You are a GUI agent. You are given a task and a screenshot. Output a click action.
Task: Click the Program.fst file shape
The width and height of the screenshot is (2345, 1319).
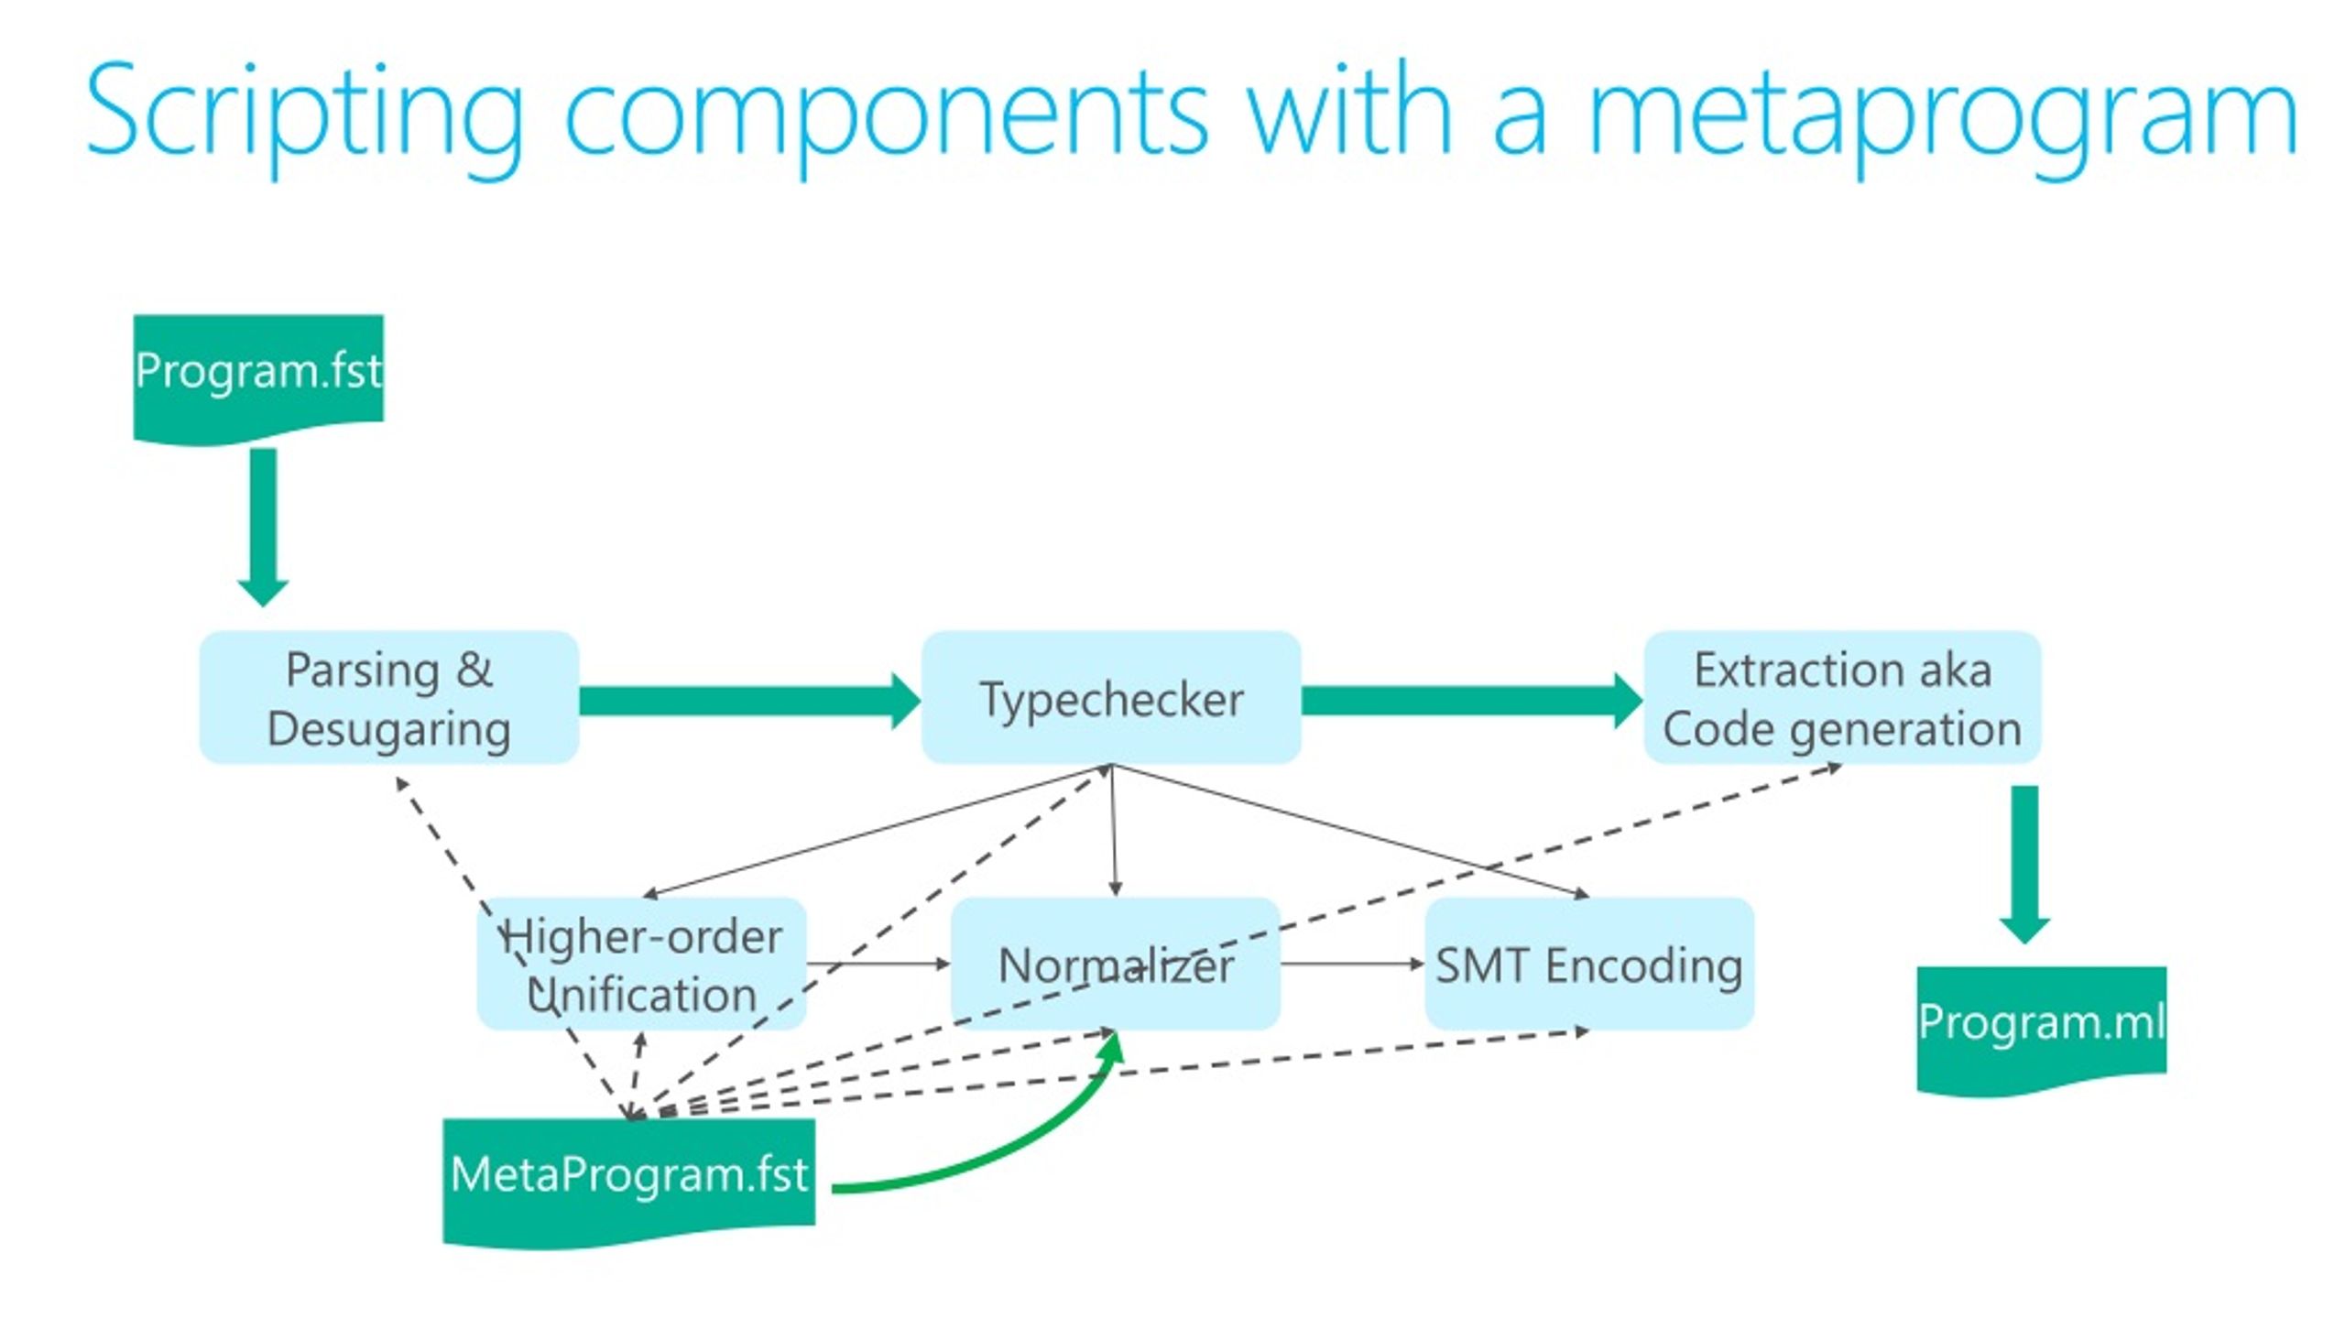258,378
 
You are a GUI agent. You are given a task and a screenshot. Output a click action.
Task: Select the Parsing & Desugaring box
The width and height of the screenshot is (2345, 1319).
389,697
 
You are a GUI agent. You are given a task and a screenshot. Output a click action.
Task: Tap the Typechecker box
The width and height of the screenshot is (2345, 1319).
1111,697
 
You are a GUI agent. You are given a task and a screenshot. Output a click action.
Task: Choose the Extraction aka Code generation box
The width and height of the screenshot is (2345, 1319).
1842,697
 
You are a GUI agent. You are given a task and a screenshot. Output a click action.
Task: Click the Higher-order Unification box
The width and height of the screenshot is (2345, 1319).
641,964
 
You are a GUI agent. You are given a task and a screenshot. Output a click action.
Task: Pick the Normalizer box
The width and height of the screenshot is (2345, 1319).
1115,964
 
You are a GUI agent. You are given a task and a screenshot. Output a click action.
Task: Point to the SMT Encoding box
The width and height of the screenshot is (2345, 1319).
1589,964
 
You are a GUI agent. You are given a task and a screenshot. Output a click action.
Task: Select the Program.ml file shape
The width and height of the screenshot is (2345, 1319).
2042,1030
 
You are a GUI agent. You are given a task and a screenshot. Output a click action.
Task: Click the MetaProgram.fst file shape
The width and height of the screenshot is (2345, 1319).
629,1182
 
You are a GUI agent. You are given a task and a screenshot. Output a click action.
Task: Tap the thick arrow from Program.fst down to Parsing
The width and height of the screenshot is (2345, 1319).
263,527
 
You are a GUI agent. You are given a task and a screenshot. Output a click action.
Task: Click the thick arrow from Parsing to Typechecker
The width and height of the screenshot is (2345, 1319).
750,701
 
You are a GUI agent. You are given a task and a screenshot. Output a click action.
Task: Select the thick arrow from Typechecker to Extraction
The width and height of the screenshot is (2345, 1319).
1472,701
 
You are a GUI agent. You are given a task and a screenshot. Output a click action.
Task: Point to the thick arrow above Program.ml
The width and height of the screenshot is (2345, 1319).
2024,865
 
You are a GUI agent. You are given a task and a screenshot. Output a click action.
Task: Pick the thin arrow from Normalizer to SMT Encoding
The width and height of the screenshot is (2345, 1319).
1352,964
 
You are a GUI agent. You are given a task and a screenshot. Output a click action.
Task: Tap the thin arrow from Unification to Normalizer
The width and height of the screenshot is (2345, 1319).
878,964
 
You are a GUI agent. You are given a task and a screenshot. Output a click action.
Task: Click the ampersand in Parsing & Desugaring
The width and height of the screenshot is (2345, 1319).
474,670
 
